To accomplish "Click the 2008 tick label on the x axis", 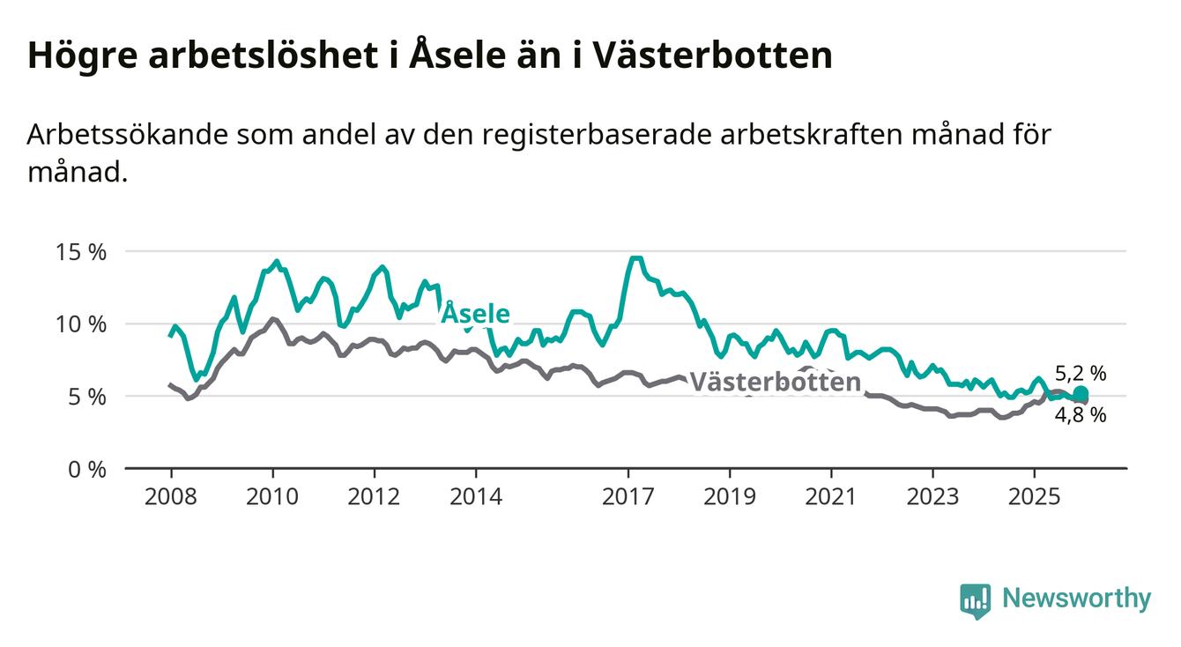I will tap(170, 496).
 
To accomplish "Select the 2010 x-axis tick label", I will tap(272, 496).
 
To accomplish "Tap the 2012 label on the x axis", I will tap(375, 496).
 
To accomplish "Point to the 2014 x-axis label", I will tap(476, 496).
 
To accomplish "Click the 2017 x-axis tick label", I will tap(628, 496).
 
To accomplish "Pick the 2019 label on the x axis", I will tap(730, 496).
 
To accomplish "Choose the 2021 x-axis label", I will tap(831, 496).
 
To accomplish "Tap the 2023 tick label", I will tap(933, 496).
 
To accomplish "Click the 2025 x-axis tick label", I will tap(1035, 496).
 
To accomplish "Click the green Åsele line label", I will tap(475, 313).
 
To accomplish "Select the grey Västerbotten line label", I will tap(775, 382).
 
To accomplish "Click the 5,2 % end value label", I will tap(1080, 374).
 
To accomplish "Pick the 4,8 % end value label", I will tap(1080, 415).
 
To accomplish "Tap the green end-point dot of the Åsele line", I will tap(1081, 394).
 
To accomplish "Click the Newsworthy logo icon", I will tap(975, 600).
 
